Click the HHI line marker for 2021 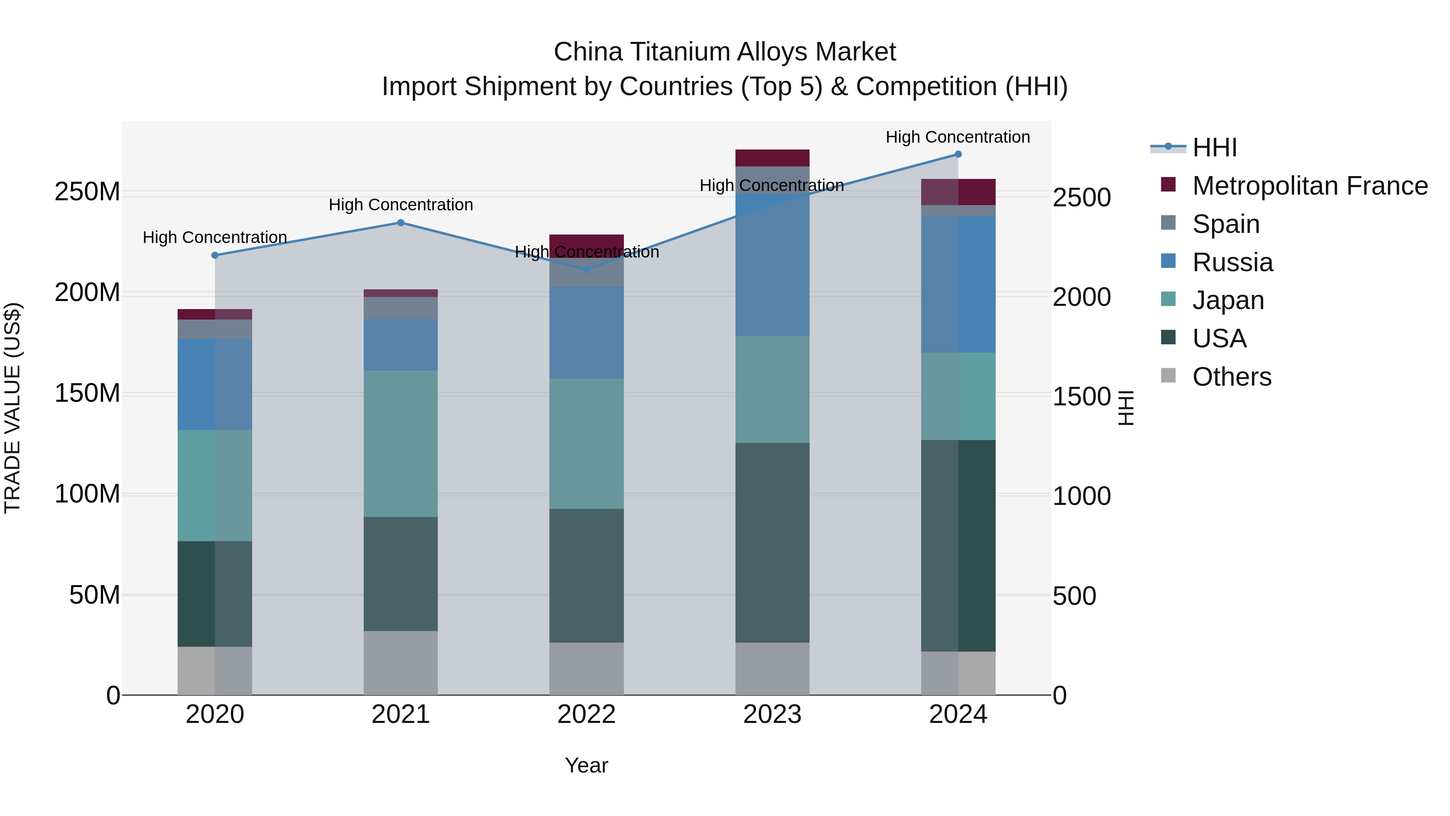point(401,222)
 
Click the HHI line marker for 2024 point(958,154)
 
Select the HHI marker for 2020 point(214,255)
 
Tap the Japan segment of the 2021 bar point(401,444)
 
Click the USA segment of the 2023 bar point(772,542)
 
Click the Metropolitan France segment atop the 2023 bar point(772,158)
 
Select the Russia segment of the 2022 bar point(586,332)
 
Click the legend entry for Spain point(1225,224)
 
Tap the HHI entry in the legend point(1214,147)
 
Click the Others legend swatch point(1168,376)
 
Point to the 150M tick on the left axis point(87,393)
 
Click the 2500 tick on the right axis point(1081,198)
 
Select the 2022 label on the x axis point(586,714)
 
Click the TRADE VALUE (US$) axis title point(12,408)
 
